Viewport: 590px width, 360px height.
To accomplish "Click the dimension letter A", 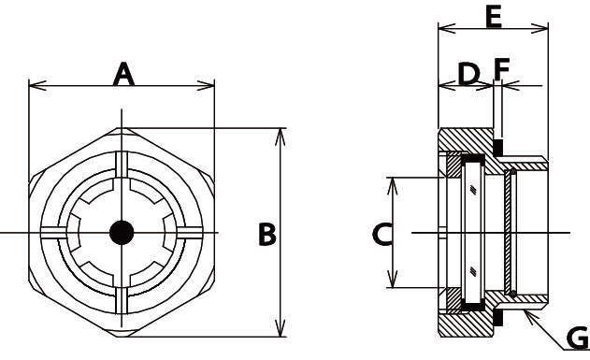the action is (x=123, y=75).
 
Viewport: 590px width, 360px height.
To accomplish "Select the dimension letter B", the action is (x=267, y=235).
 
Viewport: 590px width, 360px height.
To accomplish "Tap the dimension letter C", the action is (x=382, y=235).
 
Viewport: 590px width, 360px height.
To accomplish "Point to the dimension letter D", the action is (x=468, y=74).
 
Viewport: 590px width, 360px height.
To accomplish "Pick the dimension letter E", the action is (x=494, y=18).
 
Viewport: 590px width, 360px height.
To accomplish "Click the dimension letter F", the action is (x=501, y=69).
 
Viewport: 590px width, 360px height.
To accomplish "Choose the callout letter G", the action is (x=578, y=338).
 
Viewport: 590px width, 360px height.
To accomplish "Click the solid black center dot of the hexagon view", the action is (x=122, y=233).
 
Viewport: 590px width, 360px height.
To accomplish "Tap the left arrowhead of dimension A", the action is (x=37, y=85).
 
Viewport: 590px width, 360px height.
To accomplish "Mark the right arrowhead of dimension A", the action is (x=206, y=85).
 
